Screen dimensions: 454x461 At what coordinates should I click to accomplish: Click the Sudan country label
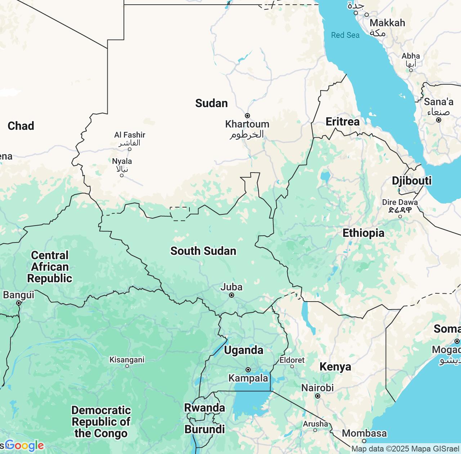211,103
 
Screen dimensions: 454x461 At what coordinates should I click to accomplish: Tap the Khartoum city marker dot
247,116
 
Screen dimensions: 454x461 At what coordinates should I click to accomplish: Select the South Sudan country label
203,251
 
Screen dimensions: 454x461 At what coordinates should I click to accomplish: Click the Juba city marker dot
232,295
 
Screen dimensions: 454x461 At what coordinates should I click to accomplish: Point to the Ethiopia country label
363,233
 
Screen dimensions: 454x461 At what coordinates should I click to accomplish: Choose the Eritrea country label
343,122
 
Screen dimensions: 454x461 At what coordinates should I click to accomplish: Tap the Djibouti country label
412,181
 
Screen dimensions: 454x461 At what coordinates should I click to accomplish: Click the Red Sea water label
345,35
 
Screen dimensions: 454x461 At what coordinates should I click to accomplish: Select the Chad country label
21,126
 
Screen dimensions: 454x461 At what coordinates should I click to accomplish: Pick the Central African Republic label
50,267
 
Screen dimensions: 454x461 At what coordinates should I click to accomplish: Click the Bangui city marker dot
19,303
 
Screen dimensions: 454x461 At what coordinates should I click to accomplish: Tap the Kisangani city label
127,360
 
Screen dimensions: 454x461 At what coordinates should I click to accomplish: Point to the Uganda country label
243,350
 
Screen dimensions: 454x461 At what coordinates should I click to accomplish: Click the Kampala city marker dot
248,370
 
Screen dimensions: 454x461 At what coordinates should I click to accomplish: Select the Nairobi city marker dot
318,396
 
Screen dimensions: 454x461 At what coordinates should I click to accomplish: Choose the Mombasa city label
364,433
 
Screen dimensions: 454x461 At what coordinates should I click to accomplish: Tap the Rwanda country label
205,408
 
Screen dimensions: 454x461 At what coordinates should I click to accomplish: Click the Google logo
24,446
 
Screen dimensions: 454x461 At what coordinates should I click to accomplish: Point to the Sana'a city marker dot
438,120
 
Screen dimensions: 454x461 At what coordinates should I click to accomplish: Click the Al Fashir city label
130,135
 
